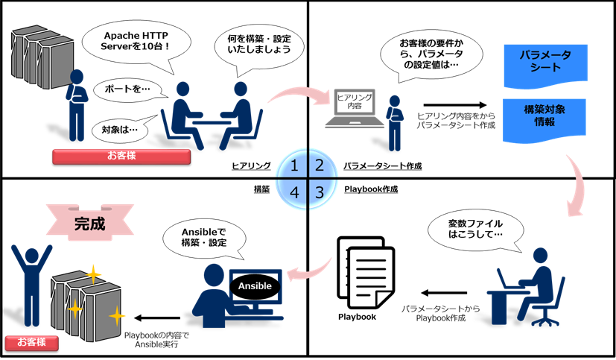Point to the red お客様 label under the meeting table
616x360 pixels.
coord(122,156)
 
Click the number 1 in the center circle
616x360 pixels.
coord(295,165)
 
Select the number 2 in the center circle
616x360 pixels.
coord(320,165)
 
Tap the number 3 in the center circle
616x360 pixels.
coord(320,192)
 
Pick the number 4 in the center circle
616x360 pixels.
coord(295,192)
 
